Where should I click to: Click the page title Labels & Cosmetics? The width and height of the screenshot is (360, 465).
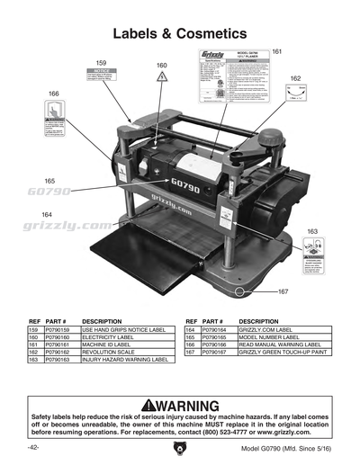(x=179, y=33)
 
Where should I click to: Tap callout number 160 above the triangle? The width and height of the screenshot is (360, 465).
(x=161, y=66)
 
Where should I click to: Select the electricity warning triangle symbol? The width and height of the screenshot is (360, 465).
(x=161, y=79)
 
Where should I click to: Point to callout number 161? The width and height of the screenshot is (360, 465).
(x=276, y=52)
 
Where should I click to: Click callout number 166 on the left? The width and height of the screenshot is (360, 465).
(x=54, y=94)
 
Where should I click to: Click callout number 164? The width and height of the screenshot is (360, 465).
(x=47, y=213)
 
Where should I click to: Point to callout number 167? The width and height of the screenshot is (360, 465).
(x=282, y=292)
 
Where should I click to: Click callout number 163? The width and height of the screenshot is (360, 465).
(x=312, y=232)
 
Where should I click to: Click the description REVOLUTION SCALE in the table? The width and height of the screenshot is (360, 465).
(x=110, y=351)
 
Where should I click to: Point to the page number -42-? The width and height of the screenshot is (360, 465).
(x=32, y=447)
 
